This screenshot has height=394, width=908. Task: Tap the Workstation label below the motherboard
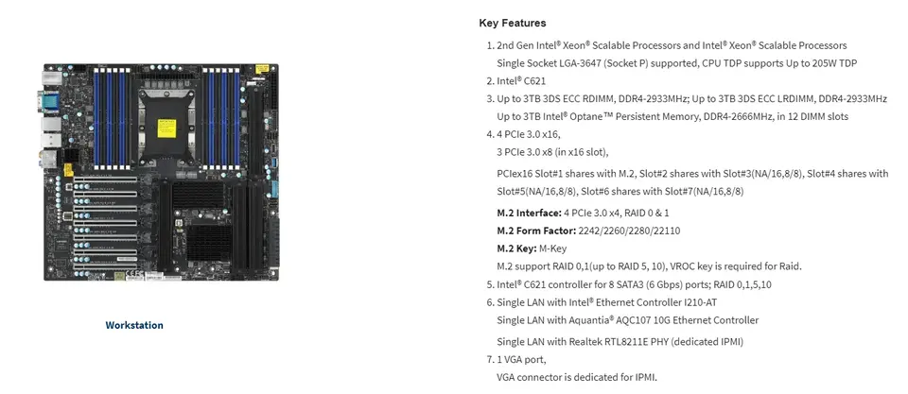coord(134,325)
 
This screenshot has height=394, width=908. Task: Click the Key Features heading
coord(512,23)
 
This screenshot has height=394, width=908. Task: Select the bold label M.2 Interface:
coord(529,213)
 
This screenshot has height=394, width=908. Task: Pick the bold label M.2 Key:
coord(516,248)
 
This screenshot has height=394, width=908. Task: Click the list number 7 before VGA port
coord(489,359)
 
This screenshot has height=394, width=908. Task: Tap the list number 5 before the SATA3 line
coord(489,284)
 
